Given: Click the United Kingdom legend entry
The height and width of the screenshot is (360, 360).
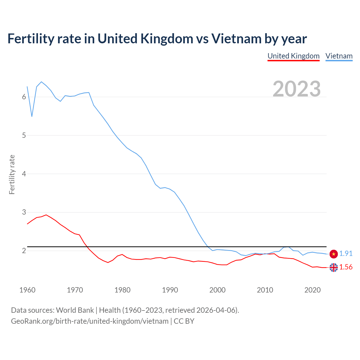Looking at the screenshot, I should coord(293,56).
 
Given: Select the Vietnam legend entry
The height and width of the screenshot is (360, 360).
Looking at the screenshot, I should coord(339,56).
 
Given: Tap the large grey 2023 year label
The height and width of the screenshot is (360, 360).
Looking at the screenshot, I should coord(297,89).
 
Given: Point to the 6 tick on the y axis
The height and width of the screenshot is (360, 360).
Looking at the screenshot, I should coord(24,97).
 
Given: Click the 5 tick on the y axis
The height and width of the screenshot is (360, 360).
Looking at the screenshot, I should coord(24,135).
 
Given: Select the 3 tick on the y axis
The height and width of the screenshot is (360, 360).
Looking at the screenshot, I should coord(24,212).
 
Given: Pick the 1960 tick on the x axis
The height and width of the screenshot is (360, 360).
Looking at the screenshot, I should coord(27,290).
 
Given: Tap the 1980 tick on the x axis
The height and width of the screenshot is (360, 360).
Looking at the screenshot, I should coord(122,290).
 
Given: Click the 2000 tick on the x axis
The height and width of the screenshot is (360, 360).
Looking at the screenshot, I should coord(217,290).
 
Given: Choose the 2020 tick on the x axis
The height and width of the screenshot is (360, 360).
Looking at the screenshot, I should coord(312,290).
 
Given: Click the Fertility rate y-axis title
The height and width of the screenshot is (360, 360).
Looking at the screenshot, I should coord(12,174).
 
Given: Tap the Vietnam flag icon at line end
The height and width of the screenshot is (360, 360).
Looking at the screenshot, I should coord(334,254).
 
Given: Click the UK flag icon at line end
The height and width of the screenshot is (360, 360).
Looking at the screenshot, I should coord(334,267).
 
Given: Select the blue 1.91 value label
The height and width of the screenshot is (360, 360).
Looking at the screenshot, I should coord(346,253).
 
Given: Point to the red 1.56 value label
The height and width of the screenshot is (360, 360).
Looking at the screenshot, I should coord(346,267).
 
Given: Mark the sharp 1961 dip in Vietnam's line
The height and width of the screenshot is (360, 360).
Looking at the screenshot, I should coord(32,116).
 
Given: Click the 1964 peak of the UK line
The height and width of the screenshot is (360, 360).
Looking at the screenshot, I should coord(46,215).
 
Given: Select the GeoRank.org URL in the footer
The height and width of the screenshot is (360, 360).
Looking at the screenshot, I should coord(90,321).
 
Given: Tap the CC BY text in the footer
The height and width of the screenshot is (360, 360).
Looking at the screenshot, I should coord(184,321).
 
